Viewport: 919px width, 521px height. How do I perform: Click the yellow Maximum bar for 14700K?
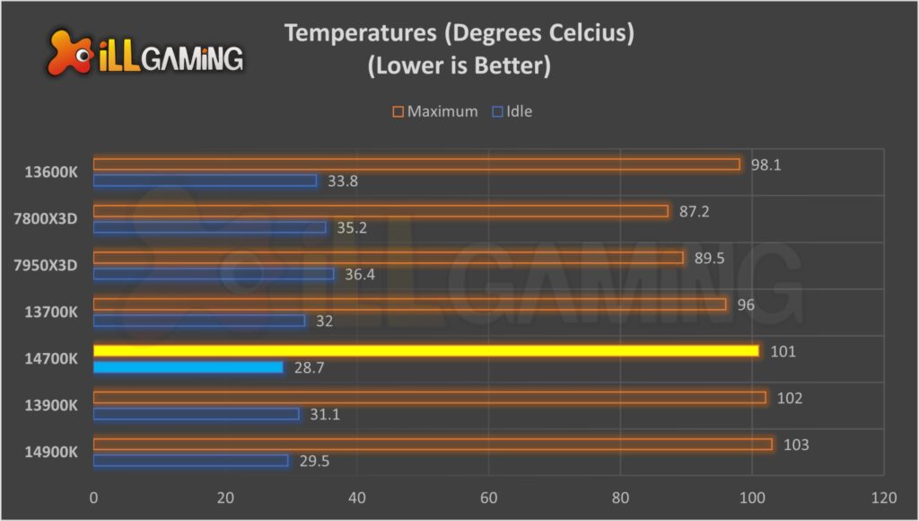coord(426,350)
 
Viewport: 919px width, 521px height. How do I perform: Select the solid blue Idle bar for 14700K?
coord(188,366)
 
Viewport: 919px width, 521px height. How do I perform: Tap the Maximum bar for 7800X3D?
coord(381,211)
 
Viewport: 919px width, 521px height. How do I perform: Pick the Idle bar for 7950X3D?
coord(214,274)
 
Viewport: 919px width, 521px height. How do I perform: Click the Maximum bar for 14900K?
coord(433,444)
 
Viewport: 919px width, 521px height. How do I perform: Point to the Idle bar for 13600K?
coord(205,181)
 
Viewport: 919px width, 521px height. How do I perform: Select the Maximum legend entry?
coord(434,112)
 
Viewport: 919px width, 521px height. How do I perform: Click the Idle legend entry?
coord(512,112)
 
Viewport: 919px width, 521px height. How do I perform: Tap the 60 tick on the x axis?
coord(488,497)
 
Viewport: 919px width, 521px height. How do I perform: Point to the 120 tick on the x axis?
coord(883,497)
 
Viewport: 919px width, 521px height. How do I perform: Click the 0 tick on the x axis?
coord(93,497)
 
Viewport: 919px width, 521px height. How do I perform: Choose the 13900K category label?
coord(52,405)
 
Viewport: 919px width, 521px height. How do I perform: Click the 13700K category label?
coord(52,312)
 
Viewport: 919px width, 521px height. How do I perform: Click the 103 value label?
coord(795,445)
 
